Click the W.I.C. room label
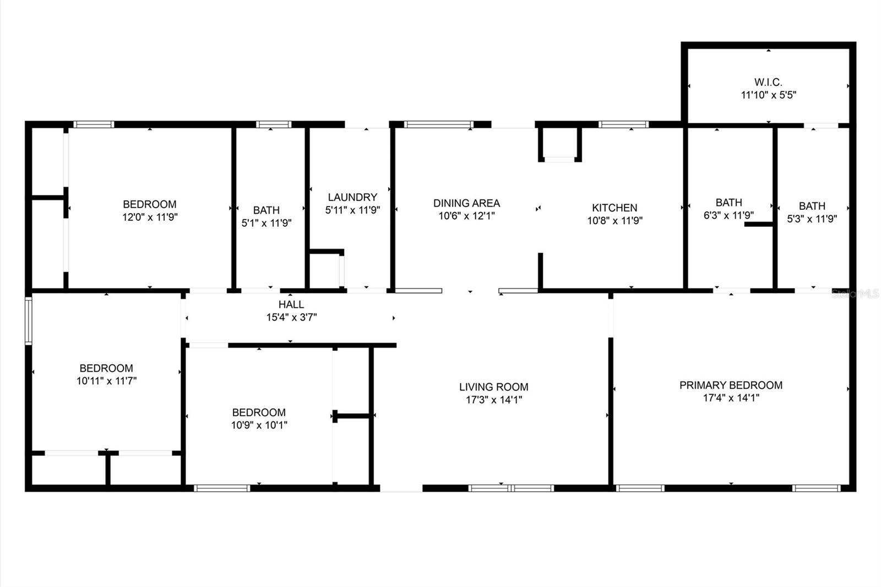(x=768, y=82)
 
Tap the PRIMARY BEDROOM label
(x=731, y=385)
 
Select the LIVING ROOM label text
(x=493, y=387)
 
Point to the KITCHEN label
(x=614, y=208)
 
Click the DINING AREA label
(x=466, y=203)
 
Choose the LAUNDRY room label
(x=352, y=197)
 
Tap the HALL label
(x=291, y=305)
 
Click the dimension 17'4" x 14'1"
(x=731, y=398)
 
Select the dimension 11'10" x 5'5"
(x=768, y=95)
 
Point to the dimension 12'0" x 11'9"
(x=150, y=217)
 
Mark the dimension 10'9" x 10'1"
(x=259, y=425)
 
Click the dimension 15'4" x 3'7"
(x=291, y=317)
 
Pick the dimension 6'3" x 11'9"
(x=728, y=215)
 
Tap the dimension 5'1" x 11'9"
(x=267, y=223)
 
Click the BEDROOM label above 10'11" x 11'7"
(x=106, y=368)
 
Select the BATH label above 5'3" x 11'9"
(x=812, y=206)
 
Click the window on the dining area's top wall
(x=438, y=124)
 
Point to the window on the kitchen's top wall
(x=623, y=124)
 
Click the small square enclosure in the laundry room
(x=325, y=270)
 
